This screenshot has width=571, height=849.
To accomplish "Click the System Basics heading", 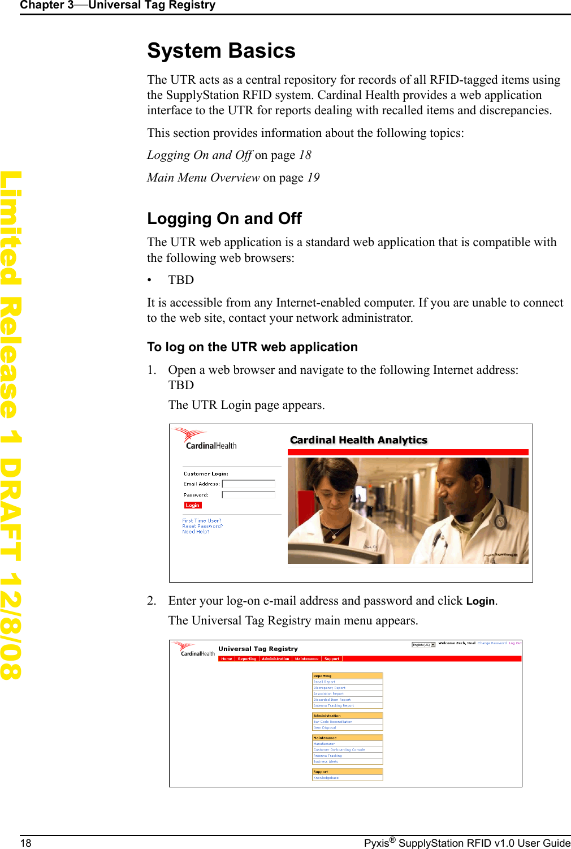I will (221, 51).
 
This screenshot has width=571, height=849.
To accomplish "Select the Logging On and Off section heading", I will (224, 218).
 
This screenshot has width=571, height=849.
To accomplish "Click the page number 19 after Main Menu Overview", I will (313, 178).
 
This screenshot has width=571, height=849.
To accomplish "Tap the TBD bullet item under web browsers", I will (181, 280).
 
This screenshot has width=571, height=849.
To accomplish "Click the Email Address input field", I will (248, 484).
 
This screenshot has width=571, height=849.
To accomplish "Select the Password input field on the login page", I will (248, 495).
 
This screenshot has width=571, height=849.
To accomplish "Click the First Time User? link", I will (201, 520).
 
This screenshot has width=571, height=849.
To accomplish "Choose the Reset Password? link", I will (202, 526).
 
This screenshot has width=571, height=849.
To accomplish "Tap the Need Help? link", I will (196, 532).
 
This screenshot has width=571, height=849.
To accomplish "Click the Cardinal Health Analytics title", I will (358, 440).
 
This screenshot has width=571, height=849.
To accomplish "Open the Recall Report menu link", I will (325, 682).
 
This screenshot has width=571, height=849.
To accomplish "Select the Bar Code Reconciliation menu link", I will (333, 722).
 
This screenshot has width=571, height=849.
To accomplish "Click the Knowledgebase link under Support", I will (326, 778).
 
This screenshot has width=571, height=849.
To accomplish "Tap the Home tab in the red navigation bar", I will (227, 659).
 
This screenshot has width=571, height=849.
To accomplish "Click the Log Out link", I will (515, 643).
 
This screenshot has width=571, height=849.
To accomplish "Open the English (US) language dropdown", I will (423, 645).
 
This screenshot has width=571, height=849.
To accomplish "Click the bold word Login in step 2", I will (480, 601).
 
